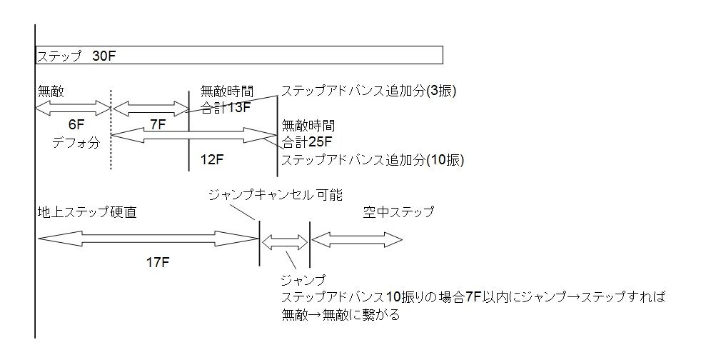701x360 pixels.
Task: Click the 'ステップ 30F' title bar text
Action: tap(75, 56)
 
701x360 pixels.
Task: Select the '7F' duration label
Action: tap(158, 124)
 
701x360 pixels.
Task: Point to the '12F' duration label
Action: tap(212, 160)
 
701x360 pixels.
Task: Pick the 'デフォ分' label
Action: tap(75, 142)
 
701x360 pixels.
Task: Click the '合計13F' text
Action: tap(225, 108)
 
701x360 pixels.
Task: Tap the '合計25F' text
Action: tap(308, 141)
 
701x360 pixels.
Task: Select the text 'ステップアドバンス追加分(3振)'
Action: tap(368, 91)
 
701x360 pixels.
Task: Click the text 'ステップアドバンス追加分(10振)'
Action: tap(373, 160)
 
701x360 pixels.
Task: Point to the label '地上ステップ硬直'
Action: tap(87, 212)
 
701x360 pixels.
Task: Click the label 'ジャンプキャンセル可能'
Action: tap(275, 195)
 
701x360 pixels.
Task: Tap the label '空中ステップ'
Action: tap(398, 212)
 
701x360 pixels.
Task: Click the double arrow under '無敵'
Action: tap(73, 108)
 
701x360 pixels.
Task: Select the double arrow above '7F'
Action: tap(149, 109)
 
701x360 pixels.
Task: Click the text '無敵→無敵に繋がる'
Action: tap(341, 314)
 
